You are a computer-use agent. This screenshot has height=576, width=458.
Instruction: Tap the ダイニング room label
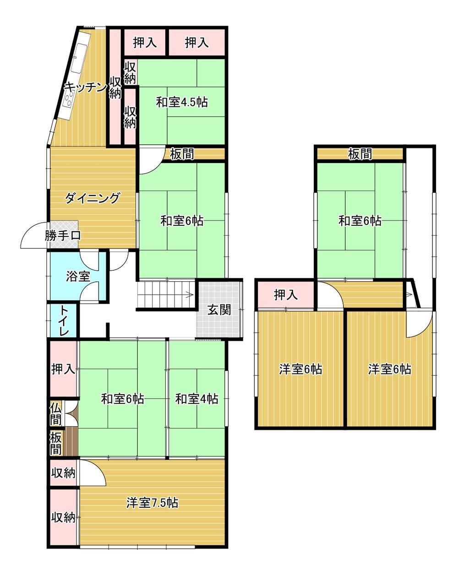pos(92,198)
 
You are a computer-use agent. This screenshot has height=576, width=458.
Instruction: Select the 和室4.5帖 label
pos(182,102)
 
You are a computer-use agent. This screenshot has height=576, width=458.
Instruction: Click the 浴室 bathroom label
pos(78,276)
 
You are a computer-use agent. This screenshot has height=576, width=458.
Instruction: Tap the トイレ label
pos(64,320)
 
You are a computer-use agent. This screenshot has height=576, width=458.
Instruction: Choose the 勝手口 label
pos(63,236)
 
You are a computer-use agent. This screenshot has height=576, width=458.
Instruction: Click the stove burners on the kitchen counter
pos(69,98)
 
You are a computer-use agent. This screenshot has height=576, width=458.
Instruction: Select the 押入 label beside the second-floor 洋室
pos(286,295)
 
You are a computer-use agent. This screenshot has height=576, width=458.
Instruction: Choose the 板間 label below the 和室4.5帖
pos(182,154)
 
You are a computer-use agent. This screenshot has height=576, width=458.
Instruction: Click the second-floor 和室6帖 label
pos(360,221)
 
